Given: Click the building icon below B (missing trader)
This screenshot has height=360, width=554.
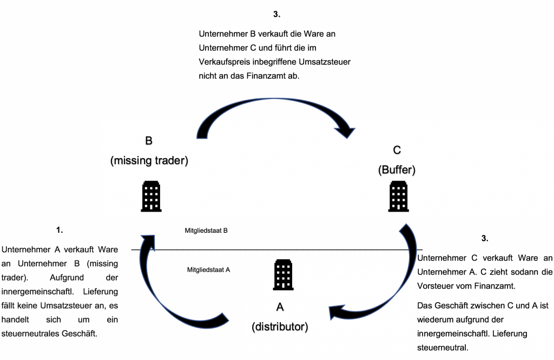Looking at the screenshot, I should tap(151, 196).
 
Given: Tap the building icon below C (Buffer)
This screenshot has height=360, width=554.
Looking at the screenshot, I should tap(399, 196).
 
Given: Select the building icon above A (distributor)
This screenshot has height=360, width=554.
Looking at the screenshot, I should tap(283, 274).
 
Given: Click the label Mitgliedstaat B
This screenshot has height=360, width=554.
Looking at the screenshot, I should tap(206, 231).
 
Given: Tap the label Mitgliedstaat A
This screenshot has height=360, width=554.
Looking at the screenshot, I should tap(208, 269).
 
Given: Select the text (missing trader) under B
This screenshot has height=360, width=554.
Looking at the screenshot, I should tap(149, 161).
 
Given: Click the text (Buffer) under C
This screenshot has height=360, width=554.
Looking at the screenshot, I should tap(397, 169).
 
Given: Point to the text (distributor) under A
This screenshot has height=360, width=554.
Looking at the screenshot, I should tap(280, 326).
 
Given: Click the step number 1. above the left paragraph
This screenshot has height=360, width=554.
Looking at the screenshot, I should tap(60, 230).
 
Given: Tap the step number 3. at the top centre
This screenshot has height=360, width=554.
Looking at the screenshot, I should tap(277, 14).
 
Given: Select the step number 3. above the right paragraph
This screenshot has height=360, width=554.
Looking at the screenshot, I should tap(485, 238).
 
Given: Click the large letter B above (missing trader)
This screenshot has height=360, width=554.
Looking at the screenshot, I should tap(149, 141).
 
